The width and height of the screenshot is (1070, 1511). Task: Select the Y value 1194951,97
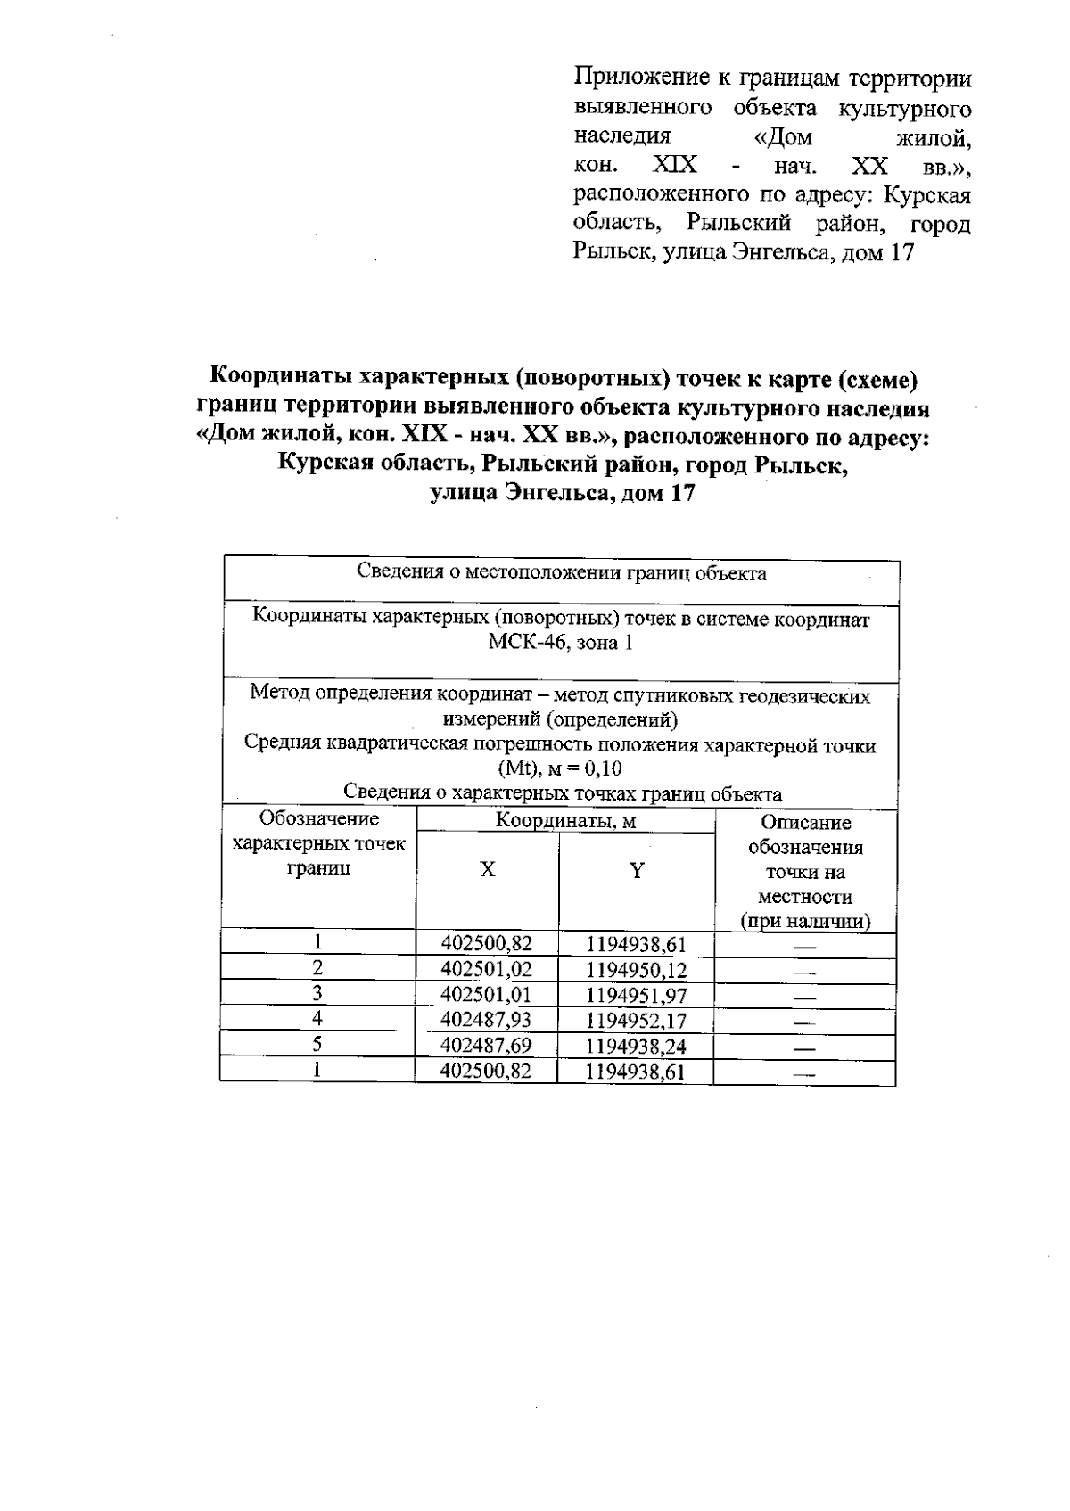pos(637,995)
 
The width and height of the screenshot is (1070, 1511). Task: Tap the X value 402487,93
pos(487,1020)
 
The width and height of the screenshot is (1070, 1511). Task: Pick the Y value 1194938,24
pos(637,1046)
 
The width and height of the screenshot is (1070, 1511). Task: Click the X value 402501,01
pos(487,995)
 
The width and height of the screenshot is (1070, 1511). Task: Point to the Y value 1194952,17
pos(637,1020)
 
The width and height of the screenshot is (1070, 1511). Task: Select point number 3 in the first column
pos(317,993)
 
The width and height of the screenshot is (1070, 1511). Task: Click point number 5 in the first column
pos(317,1044)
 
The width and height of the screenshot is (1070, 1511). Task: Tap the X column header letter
pos(488,870)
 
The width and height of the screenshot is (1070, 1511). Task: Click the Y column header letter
pos(637,871)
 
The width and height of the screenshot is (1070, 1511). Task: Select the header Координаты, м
pos(565,821)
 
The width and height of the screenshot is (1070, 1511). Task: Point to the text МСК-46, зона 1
pos(561,644)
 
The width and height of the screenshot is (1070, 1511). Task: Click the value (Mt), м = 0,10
pos(561,769)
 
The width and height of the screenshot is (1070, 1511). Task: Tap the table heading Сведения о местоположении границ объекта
pos(561,573)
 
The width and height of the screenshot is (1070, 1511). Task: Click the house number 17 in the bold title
pos(680,493)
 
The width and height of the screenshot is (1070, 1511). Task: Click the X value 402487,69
pos(487,1046)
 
